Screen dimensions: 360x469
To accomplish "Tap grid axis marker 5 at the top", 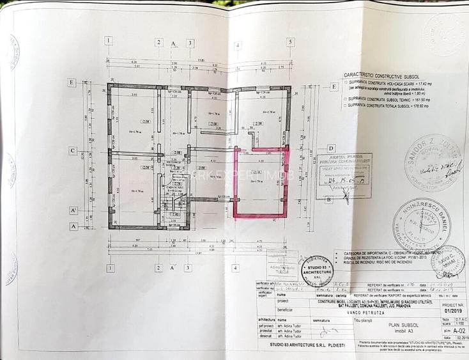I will pos(290,42).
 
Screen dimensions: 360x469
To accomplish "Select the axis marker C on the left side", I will pos(73,151).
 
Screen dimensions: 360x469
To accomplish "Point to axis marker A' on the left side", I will pos(73,210).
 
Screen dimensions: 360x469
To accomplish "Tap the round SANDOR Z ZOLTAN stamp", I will pos(433,163).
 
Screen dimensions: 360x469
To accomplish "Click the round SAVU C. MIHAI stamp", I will pos(448,260).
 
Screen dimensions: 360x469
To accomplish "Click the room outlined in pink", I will pos(261,182).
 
